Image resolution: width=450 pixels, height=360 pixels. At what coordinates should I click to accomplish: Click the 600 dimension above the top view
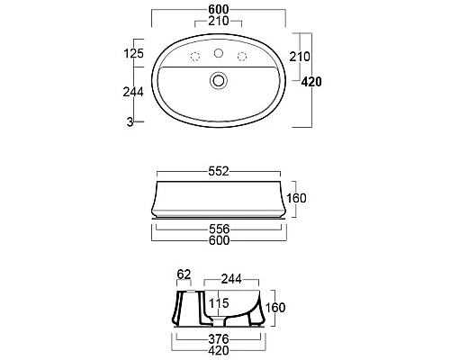[x=219, y=9]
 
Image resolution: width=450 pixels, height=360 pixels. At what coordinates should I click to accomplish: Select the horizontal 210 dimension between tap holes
[x=219, y=21]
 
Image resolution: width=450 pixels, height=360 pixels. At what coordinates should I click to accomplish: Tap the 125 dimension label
[x=134, y=53]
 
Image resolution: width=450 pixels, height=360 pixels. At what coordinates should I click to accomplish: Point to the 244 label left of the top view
[x=133, y=92]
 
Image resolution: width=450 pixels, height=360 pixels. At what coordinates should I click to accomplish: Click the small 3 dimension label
[x=130, y=121]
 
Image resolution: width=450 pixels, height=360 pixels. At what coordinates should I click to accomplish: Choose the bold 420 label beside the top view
[x=311, y=82]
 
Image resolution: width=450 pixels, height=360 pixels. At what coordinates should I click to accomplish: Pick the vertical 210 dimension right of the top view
[x=300, y=57]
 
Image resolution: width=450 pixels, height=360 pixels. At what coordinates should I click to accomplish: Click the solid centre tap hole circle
[x=219, y=53]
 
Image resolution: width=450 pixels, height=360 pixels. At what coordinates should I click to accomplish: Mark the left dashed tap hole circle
[x=195, y=57]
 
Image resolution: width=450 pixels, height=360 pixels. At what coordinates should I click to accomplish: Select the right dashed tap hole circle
[x=242, y=57]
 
